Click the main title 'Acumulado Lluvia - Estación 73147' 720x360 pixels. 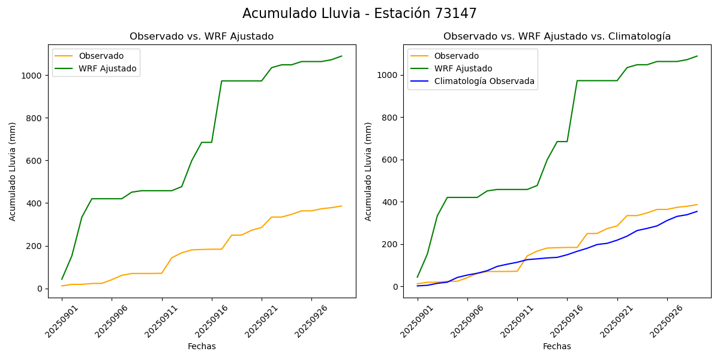pyautogui.click(x=359, y=13)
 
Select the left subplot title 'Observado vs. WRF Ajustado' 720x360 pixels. pyautogui.click(x=202, y=37)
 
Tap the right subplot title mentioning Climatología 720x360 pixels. pyautogui.click(x=557, y=37)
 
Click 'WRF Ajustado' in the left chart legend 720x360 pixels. pyautogui.click(x=107, y=69)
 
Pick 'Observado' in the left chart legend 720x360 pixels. pyautogui.click(x=101, y=56)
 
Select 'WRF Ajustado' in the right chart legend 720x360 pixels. pyautogui.click(x=463, y=68)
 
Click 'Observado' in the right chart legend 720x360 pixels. pyautogui.click(x=457, y=56)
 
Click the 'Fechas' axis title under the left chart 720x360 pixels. pyautogui.click(x=202, y=346)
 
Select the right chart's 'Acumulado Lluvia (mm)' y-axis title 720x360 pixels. pyautogui.click(x=368, y=171)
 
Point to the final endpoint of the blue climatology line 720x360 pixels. pyautogui.click(x=697, y=211)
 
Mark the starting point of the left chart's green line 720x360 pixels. pyautogui.click(x=62, y=279)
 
